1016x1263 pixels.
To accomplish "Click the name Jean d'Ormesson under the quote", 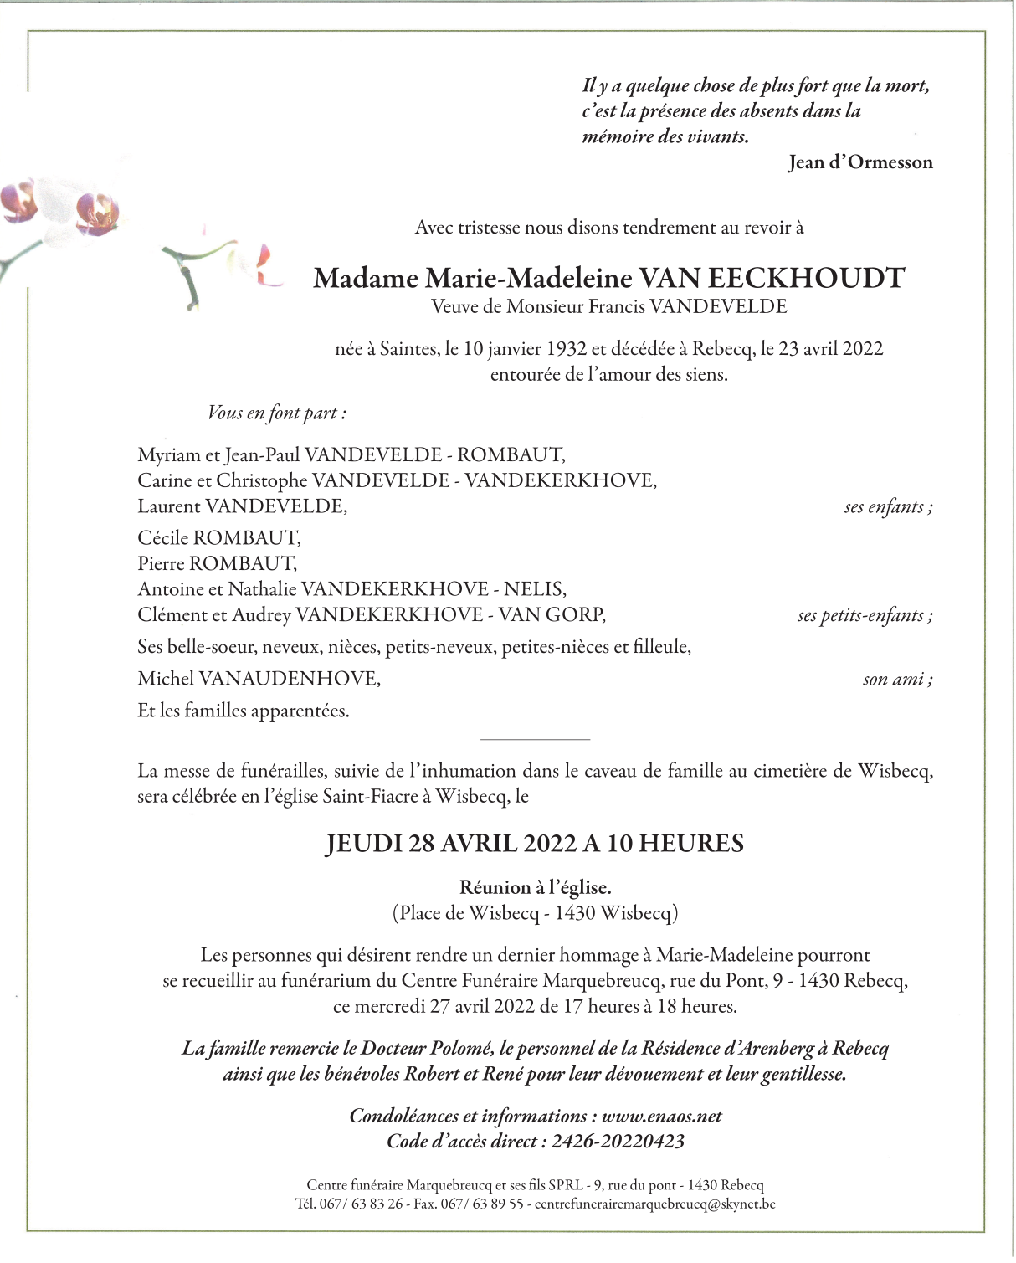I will pyautogui.click(x=859, y=162).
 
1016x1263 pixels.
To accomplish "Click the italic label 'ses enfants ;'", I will pyautogui.click(x=888, y=506).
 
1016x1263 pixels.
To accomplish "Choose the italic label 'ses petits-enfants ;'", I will pyautogui.click(x=865, y=615).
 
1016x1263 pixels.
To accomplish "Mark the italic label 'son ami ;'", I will pyautogui.click(x=897, y=679).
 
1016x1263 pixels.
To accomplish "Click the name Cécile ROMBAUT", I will pyautogui.click(x=219, y=537).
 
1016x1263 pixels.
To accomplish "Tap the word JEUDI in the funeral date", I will pyautogui.click(x=364, y=843).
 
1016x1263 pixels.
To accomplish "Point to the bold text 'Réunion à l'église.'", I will pyautogui.click(x=535, y=887).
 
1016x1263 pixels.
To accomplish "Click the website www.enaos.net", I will pyautogui.click(x=661, y=1116).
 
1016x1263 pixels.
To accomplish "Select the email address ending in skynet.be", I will pyautogui.click(x=654, y=1204).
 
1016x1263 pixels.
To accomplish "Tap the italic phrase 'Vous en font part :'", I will pyautogui.click(x=277, y=413).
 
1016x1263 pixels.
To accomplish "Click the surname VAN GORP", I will pyautogui.click(x=552, y=615).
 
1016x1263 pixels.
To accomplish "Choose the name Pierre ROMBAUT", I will pyautogui.click(x=217, y=563).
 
